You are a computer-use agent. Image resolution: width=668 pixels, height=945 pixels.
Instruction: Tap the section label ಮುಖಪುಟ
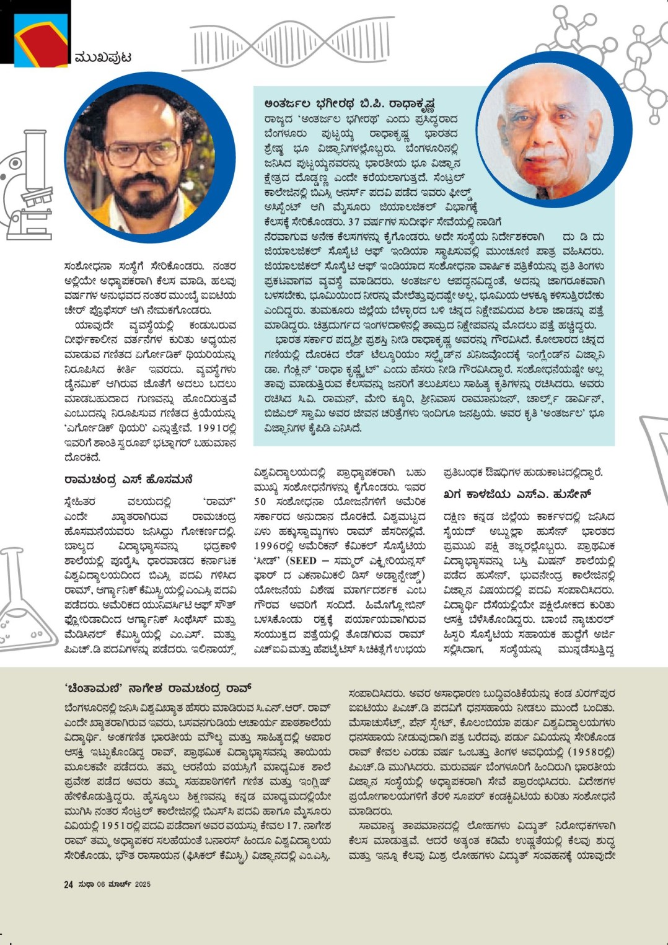[103, 58]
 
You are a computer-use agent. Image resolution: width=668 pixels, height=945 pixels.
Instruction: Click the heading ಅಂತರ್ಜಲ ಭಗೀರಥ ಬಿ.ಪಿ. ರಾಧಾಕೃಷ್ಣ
[349, 103]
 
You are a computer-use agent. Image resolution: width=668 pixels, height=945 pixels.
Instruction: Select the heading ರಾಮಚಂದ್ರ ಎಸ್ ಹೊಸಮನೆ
[128, 480]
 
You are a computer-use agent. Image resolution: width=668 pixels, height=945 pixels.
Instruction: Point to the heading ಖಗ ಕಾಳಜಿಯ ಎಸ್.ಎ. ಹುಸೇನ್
[517, 494]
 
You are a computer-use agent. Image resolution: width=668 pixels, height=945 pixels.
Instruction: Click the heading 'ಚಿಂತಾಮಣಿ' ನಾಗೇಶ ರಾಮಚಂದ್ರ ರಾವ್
[158, 688]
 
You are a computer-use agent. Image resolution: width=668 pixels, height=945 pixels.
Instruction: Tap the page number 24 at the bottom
[68, 884]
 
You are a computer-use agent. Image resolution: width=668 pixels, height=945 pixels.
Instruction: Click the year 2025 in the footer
[143, 884]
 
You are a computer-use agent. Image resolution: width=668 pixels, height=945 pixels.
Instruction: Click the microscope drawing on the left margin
[30, 186]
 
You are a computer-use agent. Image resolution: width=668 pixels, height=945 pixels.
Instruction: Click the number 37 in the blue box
[354, 222]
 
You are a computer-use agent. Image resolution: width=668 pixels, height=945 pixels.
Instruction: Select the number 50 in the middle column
[260, 502]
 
